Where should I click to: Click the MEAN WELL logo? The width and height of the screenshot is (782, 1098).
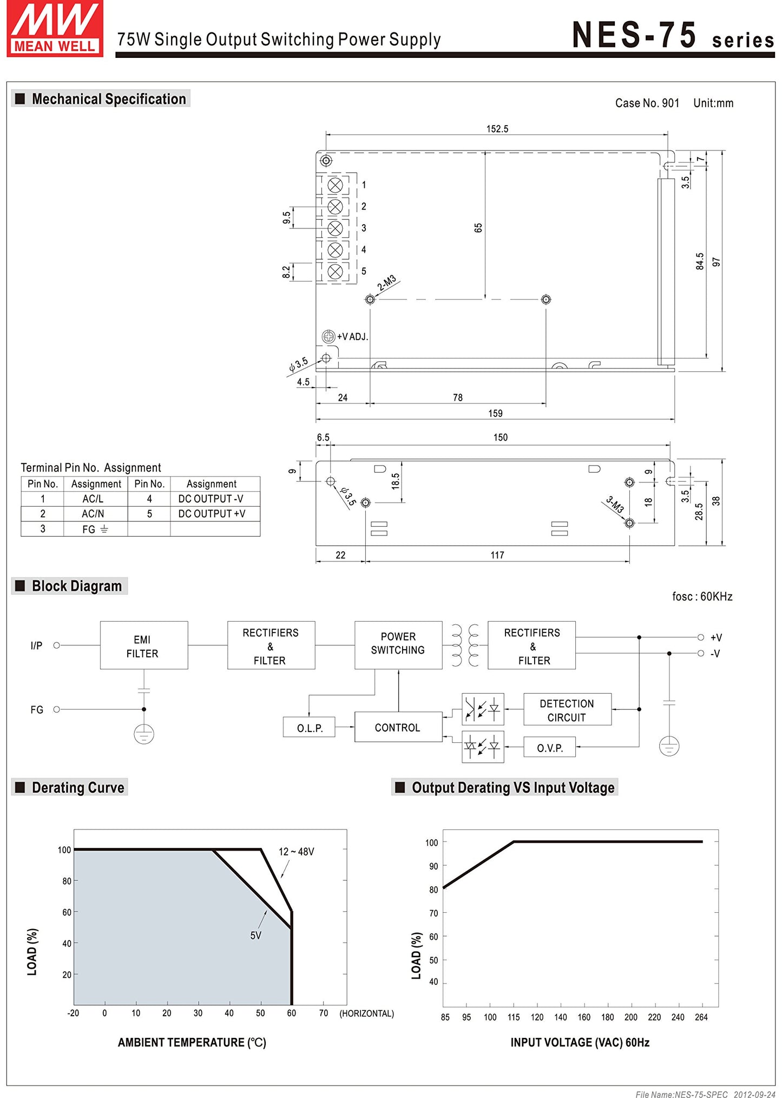click(55, 28)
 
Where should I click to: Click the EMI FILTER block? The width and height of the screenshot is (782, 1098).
click(144, 645)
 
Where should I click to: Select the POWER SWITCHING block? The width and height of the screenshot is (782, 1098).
click(398, 645)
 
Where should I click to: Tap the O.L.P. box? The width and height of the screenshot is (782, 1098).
click(309, 727)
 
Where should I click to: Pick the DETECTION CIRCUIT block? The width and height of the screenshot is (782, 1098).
click(567, 709)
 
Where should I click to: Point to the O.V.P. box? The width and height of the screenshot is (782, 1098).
click(549, 747)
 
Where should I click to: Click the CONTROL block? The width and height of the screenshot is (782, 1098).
click(398, 727)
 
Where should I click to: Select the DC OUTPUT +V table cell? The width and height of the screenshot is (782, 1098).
click(212, 514)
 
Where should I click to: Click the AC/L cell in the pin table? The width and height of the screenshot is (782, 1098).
click(93, 499)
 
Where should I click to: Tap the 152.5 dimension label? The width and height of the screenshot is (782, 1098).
click(497, 129)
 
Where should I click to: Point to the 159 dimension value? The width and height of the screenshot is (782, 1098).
click(495, 413)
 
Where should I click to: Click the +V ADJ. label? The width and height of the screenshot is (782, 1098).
click(352, 337)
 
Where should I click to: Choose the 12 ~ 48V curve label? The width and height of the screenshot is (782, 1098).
click(296, 852)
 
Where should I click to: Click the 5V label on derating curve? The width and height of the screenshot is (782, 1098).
click(256, 936)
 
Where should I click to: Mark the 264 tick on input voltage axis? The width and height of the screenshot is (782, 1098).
click(701, 1017)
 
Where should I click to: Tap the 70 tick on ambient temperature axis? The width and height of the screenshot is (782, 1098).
click(323, 1013)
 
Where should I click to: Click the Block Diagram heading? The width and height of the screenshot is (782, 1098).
click(77, 586)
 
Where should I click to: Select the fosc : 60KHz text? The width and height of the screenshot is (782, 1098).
click(702, 596)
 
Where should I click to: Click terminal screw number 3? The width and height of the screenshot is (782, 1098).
click(336, 228)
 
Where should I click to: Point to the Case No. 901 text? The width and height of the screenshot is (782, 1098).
click(647, 103)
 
